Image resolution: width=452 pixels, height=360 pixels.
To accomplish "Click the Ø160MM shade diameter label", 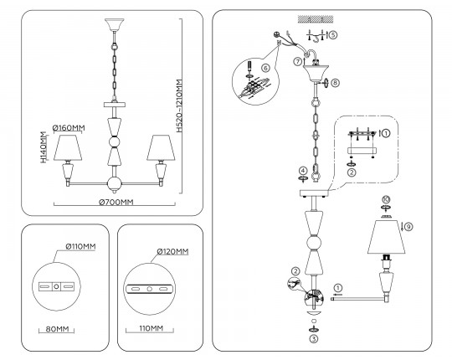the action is tap(69, 128).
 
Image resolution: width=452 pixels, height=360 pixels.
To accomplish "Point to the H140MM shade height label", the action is tap(44, 147).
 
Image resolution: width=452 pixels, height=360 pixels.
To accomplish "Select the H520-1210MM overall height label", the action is tap(179, 105).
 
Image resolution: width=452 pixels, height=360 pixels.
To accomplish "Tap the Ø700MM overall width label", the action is tap(116, 202).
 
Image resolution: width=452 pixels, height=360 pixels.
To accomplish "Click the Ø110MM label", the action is tap(80, 246).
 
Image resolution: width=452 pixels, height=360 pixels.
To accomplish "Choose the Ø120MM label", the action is tap(172, 252).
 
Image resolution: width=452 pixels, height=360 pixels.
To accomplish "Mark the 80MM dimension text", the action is tap(58, 329).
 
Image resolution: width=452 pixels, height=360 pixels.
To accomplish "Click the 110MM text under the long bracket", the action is tap(151, 328).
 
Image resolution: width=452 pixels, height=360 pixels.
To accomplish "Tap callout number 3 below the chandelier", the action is tap(314, 339).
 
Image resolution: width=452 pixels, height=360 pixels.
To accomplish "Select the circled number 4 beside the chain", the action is tap(303, 171).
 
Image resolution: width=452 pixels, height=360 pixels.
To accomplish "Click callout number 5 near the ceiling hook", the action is tap(332, 35).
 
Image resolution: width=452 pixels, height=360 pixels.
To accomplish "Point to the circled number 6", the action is tap(265, 68).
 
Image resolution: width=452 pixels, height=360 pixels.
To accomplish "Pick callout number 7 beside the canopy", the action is tap(298, 61).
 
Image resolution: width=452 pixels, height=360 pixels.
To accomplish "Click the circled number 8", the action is tap(335, 83).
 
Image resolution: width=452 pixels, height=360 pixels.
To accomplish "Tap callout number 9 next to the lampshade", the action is tap(408, 227).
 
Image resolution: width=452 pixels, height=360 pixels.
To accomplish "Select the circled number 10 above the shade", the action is tap(386, 199).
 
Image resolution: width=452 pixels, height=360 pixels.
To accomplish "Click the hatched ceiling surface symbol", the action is tap(316, 19).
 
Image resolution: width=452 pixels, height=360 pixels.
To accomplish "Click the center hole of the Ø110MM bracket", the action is tap(57, 286).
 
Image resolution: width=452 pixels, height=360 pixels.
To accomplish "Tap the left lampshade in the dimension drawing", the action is tap(68, 147).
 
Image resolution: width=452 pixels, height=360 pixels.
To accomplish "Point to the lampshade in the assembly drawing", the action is tap(386, 237).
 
